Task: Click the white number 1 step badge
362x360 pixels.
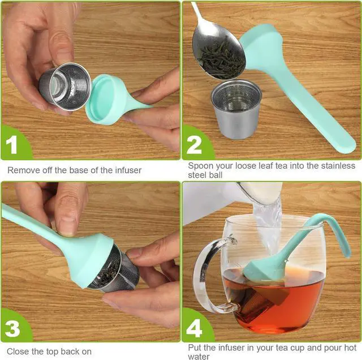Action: [x=11, y=144]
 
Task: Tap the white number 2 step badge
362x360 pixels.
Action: [x=194, y=144]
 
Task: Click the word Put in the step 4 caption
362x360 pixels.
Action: [x=195, y=348]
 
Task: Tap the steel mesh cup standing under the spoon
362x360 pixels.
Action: [x=236, y=109]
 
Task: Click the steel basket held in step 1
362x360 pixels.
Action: [x=65, y=87]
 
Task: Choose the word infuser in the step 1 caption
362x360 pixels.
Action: [x=128, y=170]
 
